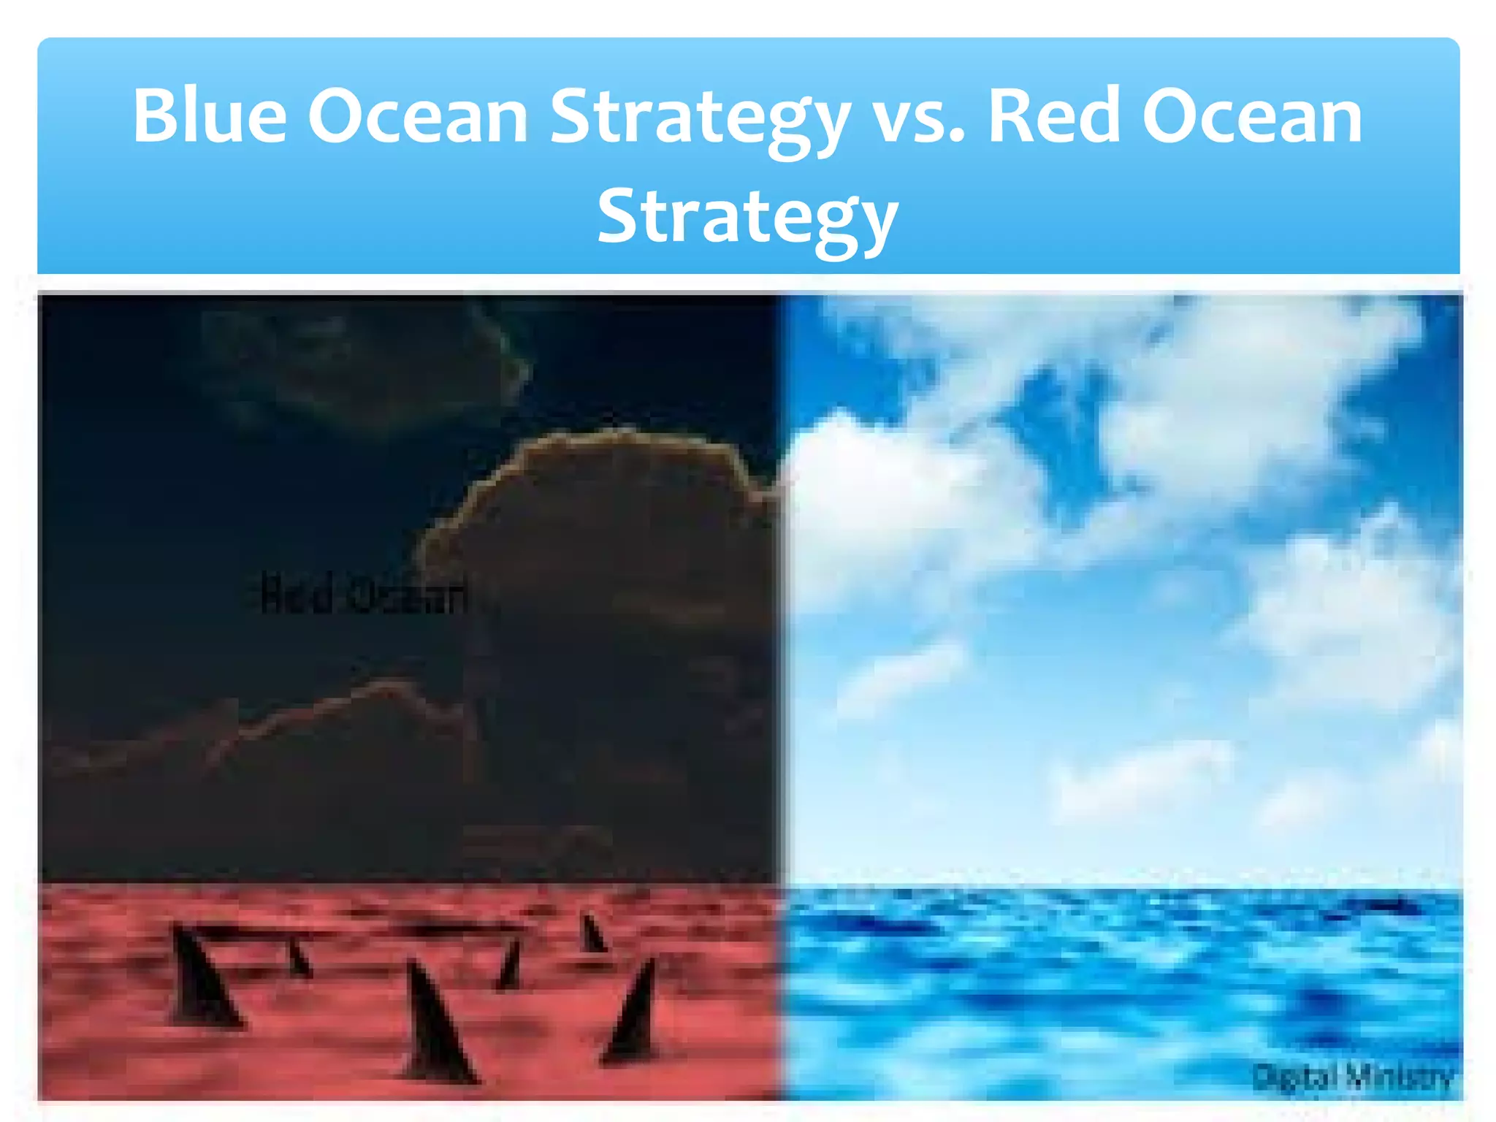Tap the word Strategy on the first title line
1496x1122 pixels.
click(x=700, y=121)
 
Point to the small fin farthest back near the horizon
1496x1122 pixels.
click(x=592, y=935)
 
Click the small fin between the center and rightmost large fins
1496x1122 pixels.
click(x=510, y=964)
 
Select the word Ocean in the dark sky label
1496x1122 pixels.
click(x=405, y=595)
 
